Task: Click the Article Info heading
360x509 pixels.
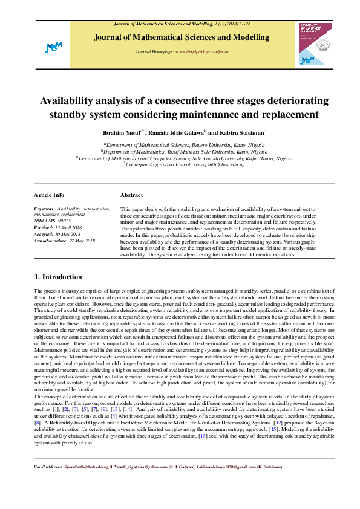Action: [49, 195]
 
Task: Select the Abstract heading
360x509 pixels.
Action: [131, 195]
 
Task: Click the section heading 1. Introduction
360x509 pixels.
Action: [58, 277]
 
